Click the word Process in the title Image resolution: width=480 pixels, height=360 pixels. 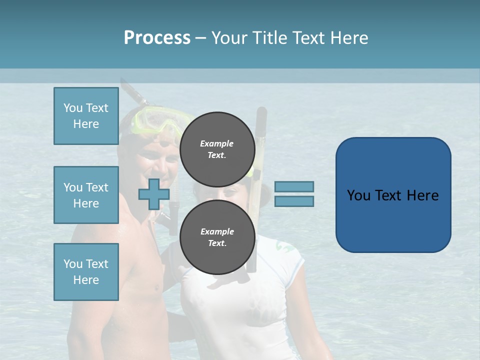pos(157,38)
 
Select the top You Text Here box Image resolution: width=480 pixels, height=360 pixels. pos(86,116)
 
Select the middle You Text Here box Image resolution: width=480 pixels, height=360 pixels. pos(86,195)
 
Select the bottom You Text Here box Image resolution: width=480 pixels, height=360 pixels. pos(86,271)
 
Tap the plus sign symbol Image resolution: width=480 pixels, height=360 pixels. pos(153,194)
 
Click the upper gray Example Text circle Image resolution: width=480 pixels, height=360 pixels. pos(217,149)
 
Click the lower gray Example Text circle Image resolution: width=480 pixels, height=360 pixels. pos(217,237)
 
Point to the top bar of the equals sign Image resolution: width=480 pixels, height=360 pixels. pos(294,186)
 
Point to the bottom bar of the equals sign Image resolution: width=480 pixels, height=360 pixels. pos(294,201)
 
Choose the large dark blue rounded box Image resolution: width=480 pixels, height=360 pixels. pos(393,195)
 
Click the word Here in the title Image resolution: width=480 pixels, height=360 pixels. pos(349,38)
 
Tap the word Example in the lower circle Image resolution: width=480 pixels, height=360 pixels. pos(217,231)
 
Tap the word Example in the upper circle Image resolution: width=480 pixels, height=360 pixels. pos(217,143)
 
